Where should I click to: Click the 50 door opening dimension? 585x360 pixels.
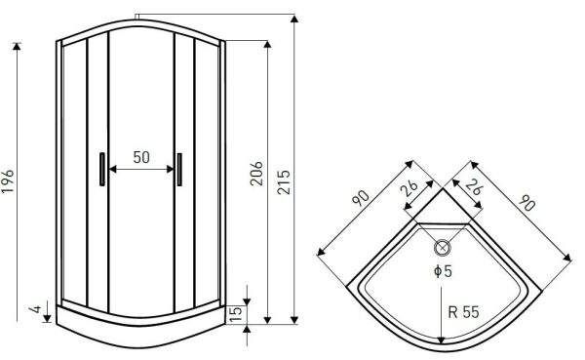(141, 157)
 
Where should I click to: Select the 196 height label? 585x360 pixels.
(8, 181)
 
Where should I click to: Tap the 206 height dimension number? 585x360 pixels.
(256, 174)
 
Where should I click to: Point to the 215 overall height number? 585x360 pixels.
(284, 181)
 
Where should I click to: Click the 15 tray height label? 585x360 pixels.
(236, 315)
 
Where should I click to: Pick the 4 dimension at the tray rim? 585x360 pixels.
(36, 309)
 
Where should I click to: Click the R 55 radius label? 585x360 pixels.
(463, 312)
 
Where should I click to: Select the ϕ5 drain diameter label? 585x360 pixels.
(444, 271)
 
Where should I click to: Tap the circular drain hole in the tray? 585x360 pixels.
(443, 247)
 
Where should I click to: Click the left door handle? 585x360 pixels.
(102, 169)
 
